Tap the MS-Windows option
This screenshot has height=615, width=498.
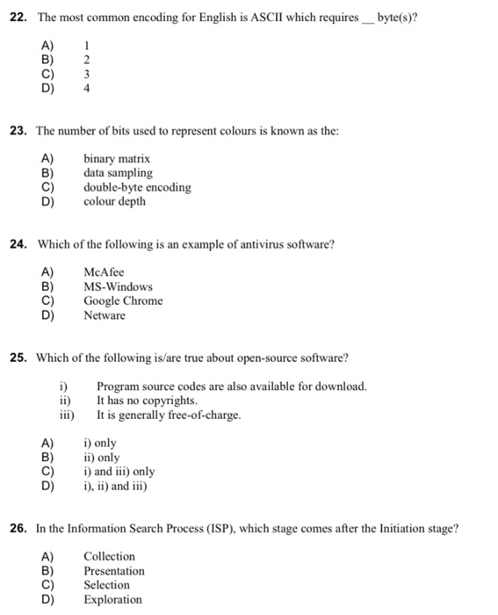(x=118, y=286)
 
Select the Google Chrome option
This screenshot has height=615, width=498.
(x=123, y=300)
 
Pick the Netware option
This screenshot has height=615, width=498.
(x=105, y=315)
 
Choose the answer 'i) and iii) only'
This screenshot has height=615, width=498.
(x=119, y=471)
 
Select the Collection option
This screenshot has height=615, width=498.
(x=109, y=556)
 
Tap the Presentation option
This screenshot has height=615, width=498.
(x=114, y=570)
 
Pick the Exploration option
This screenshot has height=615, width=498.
(x=112, y=599)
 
